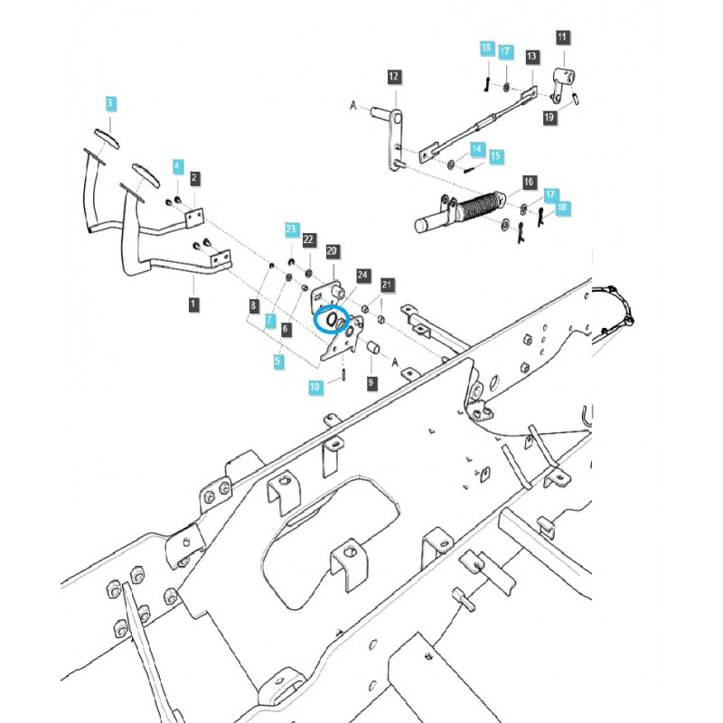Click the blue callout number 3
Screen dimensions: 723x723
tap(110, 104)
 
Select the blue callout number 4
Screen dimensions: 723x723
tap(178, 166)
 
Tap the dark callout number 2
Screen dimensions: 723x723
tap(195, 178)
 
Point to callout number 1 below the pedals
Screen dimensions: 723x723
tap(192, 305)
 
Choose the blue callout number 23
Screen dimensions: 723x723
tap(291, 230)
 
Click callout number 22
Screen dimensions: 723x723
tap(309, 239)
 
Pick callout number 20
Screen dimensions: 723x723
tap(332, 250)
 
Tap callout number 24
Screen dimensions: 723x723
tap(363, 274)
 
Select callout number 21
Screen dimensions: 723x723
tap(387, 286)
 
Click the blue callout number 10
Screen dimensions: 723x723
tap(315, 386)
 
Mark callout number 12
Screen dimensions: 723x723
tap(393, 77)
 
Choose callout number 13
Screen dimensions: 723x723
tap(532, 56)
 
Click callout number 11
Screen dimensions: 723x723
tap(563, 37)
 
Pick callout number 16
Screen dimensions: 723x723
tap(529, 183)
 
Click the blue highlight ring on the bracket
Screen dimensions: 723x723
tap(328, 319)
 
